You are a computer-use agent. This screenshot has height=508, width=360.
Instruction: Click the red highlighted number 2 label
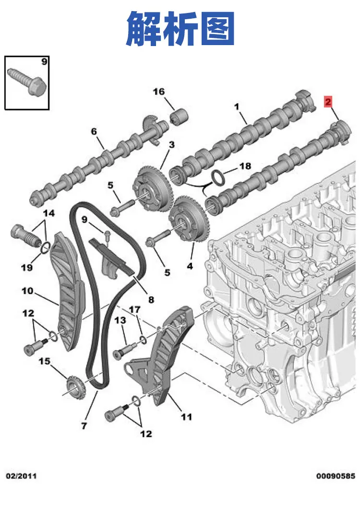(x=328, y=102)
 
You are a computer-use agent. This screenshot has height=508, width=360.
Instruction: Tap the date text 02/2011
(x=22, y=476)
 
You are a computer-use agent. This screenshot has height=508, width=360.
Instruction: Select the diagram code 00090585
(x=336, y=476)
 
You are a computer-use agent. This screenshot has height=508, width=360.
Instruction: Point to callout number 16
(x=159, y=92)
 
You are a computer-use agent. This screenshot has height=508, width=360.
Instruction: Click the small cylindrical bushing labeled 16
(x=180, y=117)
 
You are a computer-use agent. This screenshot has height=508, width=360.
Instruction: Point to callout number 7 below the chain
(x=84, y=425)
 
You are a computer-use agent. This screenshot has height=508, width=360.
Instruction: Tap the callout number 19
(x=27, y=267)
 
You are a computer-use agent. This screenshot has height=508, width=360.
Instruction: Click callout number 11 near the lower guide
(x=187, y=417)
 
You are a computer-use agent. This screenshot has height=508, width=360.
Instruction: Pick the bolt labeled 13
(x=125, y=351)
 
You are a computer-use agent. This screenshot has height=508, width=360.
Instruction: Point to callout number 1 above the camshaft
(x=237, y=106)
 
